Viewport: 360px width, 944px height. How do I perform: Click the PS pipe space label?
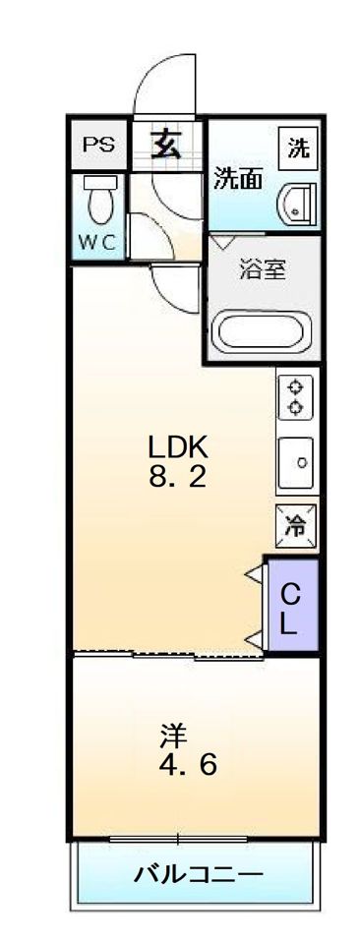[x=98, y=145]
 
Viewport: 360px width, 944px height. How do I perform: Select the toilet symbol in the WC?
[x=97, y=200]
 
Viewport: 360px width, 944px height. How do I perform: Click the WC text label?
[x=97, y=242]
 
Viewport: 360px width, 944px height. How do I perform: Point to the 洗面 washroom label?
[x=239, y=179]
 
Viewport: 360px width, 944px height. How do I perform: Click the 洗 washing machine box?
[x=299, y=147]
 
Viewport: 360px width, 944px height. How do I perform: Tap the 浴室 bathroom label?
[x=263, y=269]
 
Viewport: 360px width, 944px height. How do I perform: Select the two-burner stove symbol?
[x=295, y=397]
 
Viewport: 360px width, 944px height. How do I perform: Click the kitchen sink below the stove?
[x=296, y=462]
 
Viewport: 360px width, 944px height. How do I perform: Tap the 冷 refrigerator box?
[x=296, y=526]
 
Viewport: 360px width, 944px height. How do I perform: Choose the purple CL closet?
[x=291, y=605]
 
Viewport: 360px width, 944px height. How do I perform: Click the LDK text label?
[x=178, y=447]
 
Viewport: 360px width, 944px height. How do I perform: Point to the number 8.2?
[x=178, y=478]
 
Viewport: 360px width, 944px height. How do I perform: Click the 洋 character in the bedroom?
[x=174, y=736]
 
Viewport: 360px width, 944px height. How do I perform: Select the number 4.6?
[x=188, y=765]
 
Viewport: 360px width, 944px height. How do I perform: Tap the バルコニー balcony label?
[x=198, y=873]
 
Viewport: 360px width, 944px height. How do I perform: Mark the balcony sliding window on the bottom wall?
[x=179, y=838]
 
